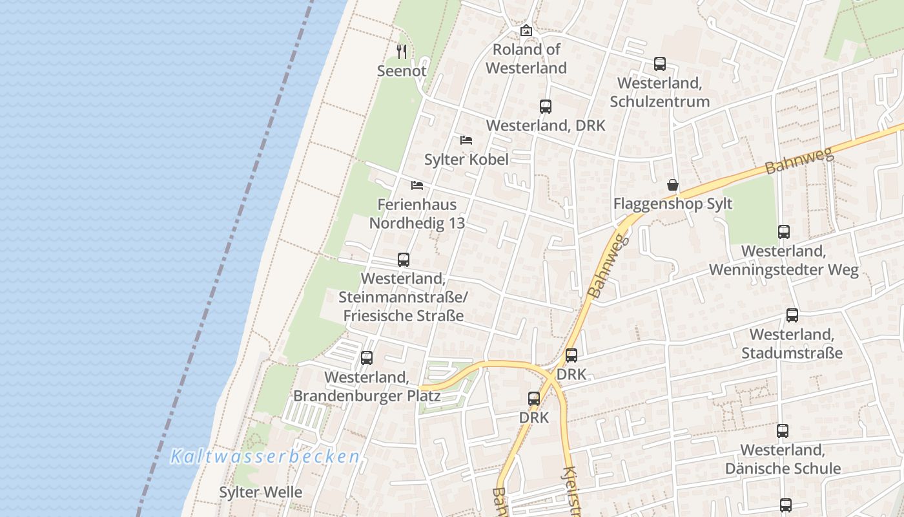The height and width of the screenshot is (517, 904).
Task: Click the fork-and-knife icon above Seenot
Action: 402,51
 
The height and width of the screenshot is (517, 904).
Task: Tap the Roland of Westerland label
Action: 526,58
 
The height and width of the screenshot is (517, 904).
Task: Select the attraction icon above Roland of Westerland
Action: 526,30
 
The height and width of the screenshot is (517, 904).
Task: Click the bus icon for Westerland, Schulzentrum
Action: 659,64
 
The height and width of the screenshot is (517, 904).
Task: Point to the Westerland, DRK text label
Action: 546,125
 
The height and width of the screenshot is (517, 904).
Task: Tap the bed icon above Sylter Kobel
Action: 466,140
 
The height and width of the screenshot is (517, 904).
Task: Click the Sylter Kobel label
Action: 466,159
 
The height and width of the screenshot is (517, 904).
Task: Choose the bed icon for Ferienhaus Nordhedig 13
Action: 417,185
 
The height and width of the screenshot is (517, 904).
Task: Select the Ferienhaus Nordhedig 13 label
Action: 417,214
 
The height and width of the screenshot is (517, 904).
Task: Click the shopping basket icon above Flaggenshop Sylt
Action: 673,185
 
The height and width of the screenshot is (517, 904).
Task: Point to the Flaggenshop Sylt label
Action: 673,204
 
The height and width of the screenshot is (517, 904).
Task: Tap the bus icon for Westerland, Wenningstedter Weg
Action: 784,232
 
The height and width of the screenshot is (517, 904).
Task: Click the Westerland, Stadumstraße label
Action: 792,344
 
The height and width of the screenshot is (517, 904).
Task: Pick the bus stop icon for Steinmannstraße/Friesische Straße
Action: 404,260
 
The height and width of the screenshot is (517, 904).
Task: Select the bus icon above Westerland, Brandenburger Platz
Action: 367,357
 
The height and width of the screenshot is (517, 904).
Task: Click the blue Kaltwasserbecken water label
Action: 265,457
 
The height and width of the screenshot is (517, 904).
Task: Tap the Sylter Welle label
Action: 260,492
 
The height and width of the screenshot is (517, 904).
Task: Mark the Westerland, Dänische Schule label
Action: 783,459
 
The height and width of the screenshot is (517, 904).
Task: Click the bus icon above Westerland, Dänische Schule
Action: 783,430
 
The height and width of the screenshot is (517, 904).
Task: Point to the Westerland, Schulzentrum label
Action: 659,92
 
